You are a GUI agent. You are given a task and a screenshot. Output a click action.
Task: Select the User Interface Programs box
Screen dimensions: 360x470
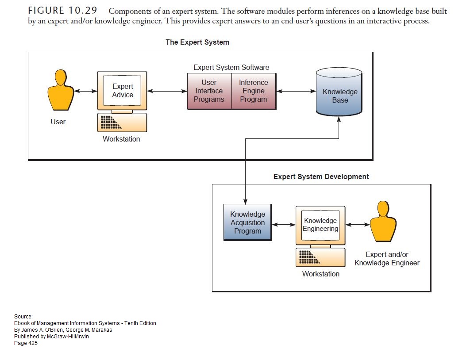coord(209,91)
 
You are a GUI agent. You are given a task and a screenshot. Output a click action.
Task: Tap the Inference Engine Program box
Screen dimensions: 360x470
coord(254,91)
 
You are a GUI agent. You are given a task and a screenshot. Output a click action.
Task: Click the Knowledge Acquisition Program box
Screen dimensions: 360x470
coord(247,222)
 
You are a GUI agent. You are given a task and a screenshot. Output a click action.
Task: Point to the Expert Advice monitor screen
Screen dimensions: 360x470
coord(123,91)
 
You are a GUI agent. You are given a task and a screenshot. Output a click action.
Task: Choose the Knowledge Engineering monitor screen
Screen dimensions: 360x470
coord(320,224)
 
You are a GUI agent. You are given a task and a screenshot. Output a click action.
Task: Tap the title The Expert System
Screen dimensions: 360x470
coord(197,42)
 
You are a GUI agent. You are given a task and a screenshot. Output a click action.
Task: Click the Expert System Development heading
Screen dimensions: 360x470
coord(321,176)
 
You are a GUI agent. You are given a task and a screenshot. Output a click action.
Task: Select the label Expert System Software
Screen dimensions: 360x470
coord(231,68)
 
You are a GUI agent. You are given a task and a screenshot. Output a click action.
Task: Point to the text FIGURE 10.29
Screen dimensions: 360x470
coord(64,11)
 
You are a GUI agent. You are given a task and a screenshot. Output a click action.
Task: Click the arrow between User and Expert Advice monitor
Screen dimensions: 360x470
coord(86,91)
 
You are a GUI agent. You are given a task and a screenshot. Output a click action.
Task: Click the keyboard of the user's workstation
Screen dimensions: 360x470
coord(122,123)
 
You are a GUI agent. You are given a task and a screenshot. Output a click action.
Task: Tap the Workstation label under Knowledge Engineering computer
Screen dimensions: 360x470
coord(321,274)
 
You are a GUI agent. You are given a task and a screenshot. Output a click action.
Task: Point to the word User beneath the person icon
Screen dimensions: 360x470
coord(58,122)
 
